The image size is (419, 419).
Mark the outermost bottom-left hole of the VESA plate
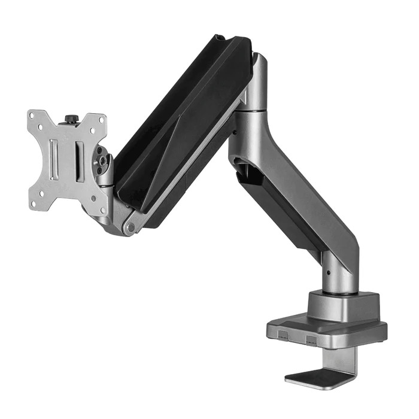33,204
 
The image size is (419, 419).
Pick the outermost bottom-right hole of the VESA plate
102,209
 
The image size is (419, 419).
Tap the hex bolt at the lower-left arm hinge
128,228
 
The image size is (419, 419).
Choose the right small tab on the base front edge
310,340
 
